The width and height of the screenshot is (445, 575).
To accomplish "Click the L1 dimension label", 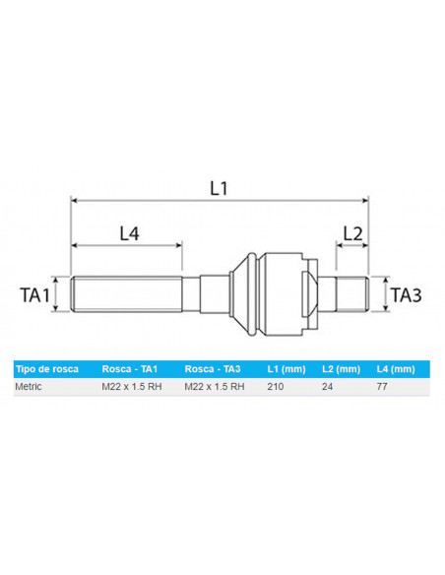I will (x=220, y=186).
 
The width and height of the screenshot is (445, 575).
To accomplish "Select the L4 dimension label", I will (x=129, y=233).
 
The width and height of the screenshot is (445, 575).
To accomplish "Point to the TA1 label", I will (x=36, y=293).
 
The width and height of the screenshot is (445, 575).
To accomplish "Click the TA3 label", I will (x=407, y=293).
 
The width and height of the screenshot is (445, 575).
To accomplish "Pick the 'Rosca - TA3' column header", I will (x=214, y=369).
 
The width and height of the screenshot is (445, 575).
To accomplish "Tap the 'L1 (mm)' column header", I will (x=286, y=369).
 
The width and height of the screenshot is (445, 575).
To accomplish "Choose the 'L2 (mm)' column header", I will (x=341, y=369).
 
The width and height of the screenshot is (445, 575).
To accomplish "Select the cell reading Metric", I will (x=31, y=388).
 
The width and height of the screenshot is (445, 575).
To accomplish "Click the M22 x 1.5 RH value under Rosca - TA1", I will (x=132, y=388).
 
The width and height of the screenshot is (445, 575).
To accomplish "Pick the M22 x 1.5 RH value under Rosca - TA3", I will (x=215, y=388).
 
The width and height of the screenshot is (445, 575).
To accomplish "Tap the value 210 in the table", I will (x=276, y=388).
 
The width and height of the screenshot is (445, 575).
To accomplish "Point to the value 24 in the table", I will (x=328, y=388).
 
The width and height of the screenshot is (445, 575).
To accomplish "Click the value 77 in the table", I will (x=382, y=388).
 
